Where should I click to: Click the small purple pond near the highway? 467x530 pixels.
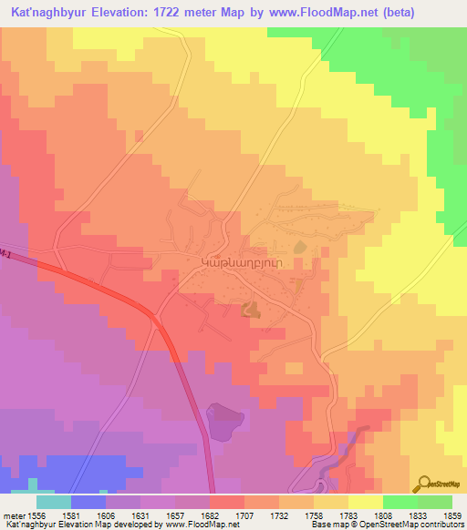click(224, 421)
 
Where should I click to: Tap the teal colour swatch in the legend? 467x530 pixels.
click(54, 501)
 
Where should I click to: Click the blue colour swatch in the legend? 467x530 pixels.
click(88, 501)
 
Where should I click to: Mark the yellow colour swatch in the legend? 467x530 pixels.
click(365, 501)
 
